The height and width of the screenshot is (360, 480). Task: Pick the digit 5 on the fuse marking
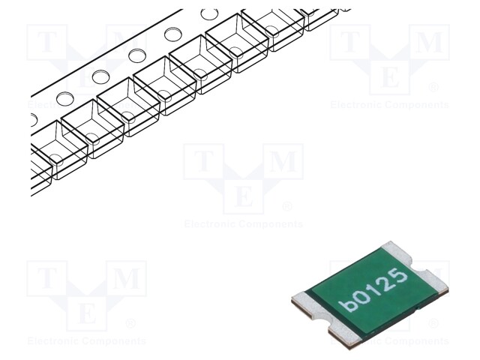click(400, 277)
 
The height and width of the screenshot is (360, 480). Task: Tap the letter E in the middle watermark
click(243, 196)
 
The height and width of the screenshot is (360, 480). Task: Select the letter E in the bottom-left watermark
click(86, 313)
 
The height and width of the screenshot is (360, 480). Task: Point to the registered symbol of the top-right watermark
click(433, 88)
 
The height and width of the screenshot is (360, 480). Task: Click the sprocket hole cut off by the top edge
click(210, 13)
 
